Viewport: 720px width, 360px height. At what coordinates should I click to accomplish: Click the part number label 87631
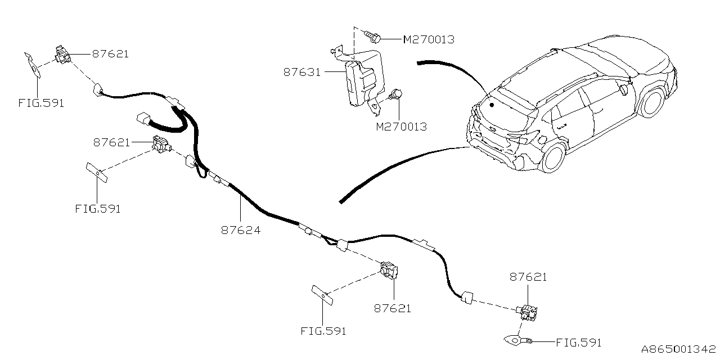click(302, 73)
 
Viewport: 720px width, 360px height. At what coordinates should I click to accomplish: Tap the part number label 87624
click(241, 230)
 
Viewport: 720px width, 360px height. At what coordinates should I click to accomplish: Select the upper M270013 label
click(429, 39)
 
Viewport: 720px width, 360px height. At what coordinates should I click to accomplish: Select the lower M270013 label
click(402, 127)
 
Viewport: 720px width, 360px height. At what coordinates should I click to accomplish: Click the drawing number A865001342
click(678, 349)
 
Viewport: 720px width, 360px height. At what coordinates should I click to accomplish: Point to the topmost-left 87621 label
click(110, 54)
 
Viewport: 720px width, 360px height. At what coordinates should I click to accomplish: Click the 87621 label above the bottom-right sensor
click(528, 277)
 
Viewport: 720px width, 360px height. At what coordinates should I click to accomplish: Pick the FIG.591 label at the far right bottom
click(579, 343)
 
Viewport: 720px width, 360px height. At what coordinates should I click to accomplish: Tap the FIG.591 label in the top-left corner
click(41, 103)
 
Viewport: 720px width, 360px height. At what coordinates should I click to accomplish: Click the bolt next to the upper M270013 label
click(373, 37)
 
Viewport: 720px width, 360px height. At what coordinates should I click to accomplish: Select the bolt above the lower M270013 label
click(395, 95)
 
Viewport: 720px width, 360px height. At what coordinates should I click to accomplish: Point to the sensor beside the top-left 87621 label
click(62, 55)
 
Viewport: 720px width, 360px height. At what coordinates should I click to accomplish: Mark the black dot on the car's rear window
click(492, 105)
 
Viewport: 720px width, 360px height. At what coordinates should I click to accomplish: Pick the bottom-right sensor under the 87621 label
click(527, 313)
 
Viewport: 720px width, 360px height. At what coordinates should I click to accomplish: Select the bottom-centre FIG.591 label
click(323, 331)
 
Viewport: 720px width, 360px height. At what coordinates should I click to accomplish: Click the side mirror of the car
click(623, 89)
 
